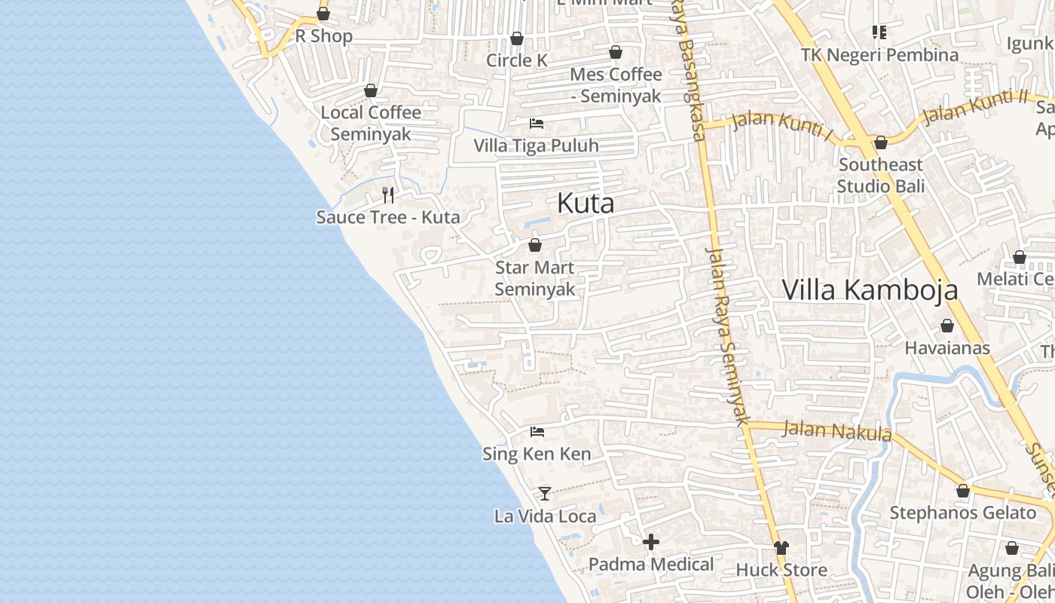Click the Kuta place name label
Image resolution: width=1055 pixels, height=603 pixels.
click(x=586, y=204)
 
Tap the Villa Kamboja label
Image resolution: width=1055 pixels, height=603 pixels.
click(x=870, y=289)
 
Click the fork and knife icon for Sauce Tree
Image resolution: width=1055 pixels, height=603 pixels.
click(x=388, y=195)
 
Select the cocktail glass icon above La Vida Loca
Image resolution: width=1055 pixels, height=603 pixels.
click(x=544, y=494)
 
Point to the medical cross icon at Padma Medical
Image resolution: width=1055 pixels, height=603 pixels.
click(x=651, y=542)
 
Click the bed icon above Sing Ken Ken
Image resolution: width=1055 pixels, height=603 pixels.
click(x=537, y=432)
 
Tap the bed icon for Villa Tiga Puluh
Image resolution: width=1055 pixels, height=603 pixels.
click(x=537, y=123)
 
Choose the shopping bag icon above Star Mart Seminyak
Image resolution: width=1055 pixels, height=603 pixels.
click(x=535, y=245)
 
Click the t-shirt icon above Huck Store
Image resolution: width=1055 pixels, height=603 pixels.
click(x=781, y=548)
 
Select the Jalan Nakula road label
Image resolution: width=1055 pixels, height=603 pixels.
click(x=836, y=431)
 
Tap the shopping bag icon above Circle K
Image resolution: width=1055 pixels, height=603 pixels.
click(x=517, y=38)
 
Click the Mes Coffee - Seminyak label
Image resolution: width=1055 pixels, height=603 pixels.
click(x=616, y=85)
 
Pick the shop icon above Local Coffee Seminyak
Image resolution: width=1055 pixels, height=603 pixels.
click(x=371, y=91)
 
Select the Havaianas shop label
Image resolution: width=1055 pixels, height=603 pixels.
click(x=946, y=348)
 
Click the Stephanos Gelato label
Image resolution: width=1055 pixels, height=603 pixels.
click(x=962, y=513)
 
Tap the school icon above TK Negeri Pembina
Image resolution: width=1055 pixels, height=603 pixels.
click(x=879, y=32)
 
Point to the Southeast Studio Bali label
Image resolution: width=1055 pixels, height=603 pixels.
click(x=880, y=175)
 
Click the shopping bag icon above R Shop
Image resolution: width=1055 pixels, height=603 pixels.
click(x=323, y=14)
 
